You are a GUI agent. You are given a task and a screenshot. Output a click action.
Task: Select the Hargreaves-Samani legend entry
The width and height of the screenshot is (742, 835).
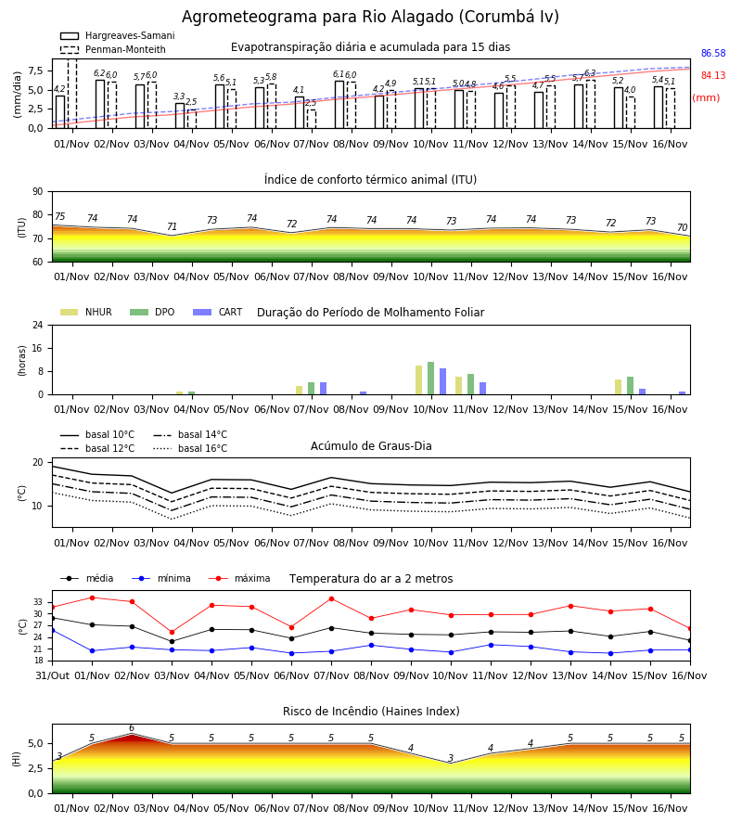click(x=117, y=35)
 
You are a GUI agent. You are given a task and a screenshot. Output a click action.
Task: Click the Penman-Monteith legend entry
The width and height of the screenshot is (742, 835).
click(x=113, y=49)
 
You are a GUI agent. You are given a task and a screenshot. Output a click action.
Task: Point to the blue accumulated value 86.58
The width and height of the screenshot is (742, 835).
click(x=713, y=53)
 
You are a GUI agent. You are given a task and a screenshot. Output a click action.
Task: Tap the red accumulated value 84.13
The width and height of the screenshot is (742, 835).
click(x=713, y=76)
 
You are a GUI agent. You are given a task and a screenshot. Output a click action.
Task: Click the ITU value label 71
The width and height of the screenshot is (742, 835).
click(x=172, y=227)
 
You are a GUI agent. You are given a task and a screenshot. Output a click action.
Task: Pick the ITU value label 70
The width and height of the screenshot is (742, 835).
click(x=682, y=228)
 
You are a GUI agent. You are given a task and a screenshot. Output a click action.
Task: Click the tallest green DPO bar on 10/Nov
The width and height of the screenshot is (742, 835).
click(x=430, y=379)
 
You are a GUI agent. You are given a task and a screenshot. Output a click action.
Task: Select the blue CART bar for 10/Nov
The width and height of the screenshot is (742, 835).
click(x=442, y=381)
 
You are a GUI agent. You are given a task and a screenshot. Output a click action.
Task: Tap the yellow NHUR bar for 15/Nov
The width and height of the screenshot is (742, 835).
click(x=618, y=387)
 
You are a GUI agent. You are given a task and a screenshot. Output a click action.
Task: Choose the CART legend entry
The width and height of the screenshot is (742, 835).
click(x=217, y=312)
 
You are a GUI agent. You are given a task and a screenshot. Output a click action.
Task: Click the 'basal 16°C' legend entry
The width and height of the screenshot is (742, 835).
click(x=190, y=448)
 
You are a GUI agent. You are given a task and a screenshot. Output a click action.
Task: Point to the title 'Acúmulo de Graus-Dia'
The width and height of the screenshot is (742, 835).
click(x=371, y=446)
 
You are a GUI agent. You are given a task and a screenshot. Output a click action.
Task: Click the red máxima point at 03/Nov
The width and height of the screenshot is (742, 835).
click(x=172, y=632)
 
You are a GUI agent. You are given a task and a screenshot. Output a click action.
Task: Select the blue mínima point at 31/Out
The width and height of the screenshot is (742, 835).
click(x=52, y=631)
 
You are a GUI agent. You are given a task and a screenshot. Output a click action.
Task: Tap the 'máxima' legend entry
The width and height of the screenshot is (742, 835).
click(x=239, y=578)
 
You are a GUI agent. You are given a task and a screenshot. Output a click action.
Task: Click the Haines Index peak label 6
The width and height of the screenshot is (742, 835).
click(x=132, y=728)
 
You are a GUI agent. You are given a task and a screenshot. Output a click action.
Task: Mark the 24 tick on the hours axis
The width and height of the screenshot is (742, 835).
click(x=38, y=325)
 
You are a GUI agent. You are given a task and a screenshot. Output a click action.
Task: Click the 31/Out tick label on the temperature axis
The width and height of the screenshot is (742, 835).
click(x=52, y=675)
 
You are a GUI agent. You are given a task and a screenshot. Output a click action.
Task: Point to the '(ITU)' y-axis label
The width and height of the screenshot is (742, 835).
click(x=22, y=227)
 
